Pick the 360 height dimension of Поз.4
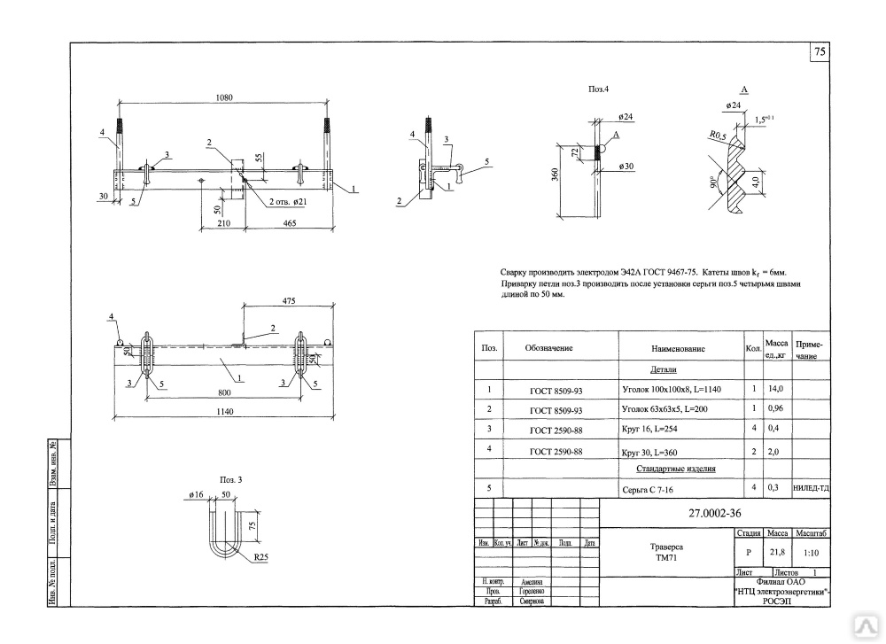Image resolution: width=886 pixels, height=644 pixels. (554, 175)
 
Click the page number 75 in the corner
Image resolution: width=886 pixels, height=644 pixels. (820, 53)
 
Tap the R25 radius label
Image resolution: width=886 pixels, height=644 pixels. (260, 558)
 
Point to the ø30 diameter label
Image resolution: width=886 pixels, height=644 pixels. (626, 167)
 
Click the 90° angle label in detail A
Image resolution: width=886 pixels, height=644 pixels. (711, 183)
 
